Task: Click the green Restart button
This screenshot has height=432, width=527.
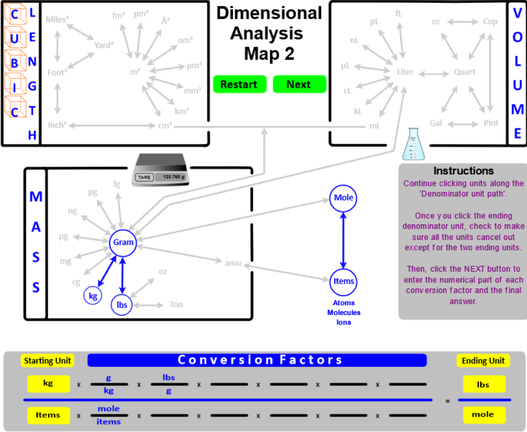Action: point(239,85)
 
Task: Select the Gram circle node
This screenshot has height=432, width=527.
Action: point(122,243)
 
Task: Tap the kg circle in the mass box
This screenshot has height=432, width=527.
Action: point(93,296)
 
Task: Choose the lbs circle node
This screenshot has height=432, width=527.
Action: point(122,305)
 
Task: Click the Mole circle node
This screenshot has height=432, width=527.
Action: point(343,198)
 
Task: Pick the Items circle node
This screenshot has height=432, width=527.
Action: point(343,281)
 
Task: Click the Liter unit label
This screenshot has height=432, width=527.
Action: point(405,72)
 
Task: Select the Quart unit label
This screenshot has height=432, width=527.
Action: point(465,72)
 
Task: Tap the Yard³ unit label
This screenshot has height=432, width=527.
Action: point(104,45)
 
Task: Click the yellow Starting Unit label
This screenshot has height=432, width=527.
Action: point(48,361)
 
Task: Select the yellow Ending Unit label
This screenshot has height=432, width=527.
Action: point(482,361)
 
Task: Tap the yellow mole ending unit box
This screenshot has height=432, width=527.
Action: point(483,415)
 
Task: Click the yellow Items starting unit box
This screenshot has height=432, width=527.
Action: point(48,415)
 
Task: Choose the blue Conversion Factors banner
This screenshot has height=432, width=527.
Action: point(257,361)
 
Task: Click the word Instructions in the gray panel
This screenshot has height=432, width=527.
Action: point(463,171)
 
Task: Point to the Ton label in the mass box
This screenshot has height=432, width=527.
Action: point(176,304)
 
